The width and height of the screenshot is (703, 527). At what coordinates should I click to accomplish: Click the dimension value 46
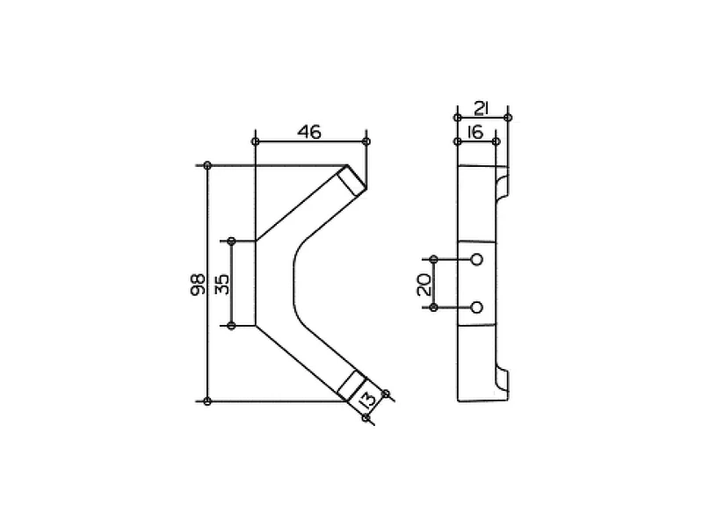[310, 133]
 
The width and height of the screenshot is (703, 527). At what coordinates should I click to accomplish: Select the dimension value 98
[198, 285]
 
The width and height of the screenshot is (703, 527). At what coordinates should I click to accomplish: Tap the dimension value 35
[222, 284]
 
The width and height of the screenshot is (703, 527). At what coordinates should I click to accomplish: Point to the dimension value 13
[367, 400]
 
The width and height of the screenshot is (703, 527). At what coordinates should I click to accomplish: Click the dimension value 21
[481, 108]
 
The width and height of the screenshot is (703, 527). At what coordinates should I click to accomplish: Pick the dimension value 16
[475, 133]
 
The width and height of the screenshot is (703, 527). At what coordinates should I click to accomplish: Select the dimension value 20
[424, 285]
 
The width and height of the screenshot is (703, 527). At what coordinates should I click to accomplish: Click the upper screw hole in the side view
[477, 259]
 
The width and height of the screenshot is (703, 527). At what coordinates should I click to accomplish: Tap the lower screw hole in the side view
[477, 307]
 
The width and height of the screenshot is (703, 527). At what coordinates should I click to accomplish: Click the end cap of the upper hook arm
[352, 180]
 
